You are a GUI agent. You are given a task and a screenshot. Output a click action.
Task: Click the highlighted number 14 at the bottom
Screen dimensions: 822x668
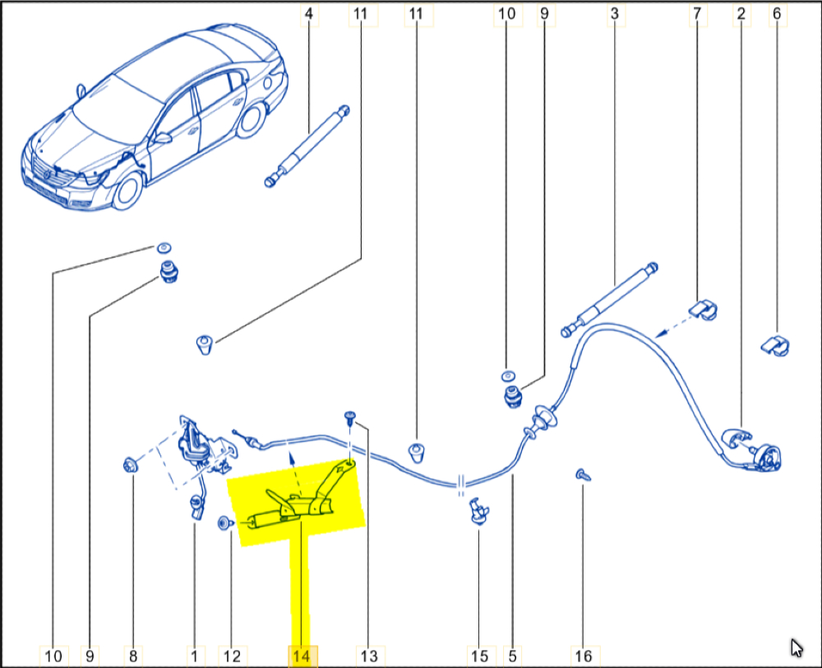(x=302, y=656)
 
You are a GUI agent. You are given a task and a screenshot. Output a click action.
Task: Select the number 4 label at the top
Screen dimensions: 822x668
(x=309, y=14)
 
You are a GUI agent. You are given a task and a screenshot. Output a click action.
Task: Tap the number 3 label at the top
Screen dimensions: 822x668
(x=614, y=14)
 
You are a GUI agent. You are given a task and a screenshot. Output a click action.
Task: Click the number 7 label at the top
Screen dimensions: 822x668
(x=697, y=14)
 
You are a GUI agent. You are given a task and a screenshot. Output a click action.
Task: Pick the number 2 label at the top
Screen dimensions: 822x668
(x=741, y=14)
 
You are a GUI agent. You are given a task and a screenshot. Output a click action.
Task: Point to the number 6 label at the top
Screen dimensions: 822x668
(x=777, y=14)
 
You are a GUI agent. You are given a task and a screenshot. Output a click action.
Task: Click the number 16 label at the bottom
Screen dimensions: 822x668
(x=584, y=656)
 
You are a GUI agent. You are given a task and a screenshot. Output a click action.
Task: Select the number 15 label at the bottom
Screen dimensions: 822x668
(x=479, y=656)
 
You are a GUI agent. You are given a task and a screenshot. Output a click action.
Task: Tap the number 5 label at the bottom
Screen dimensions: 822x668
(x=512, y=656)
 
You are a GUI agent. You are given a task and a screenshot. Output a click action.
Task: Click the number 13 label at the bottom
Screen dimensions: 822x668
(x=369, y=656)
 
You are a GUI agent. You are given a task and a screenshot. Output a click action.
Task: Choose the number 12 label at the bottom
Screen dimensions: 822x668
(x=232, y=656)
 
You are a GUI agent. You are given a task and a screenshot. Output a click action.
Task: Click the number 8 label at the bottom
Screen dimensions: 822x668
(x=133, y=656)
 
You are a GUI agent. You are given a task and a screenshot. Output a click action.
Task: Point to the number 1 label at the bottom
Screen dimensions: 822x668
(x=195, y=656)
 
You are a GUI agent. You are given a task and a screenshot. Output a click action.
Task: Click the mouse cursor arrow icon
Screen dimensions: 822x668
(x=797, y=647)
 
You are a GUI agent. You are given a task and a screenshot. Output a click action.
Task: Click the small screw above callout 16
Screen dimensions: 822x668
(x=583, y=475)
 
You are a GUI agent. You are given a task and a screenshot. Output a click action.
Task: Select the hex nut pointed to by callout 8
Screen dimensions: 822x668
(x=130, y=465)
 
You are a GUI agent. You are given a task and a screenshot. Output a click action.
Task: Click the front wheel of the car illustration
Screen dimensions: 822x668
(x=127, y=192)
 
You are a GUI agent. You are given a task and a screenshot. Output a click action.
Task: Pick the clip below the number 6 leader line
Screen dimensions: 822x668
(x=775, y=345)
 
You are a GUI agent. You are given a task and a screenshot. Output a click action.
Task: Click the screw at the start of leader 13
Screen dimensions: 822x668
(x=350, y=417)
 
